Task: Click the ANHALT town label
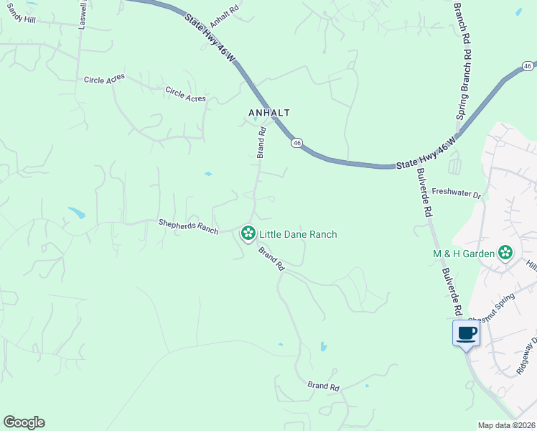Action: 268,113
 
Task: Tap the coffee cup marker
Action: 467,333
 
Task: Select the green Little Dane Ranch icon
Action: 248,233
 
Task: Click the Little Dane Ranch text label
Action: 298,234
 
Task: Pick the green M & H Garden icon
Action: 506,252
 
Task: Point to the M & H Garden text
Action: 464,253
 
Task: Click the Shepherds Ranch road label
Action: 188,226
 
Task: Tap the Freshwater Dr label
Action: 455,194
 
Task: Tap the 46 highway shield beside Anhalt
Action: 296,143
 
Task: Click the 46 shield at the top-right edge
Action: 528,66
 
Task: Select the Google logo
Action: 24,422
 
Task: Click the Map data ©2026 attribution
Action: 506,425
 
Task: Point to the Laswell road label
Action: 83,13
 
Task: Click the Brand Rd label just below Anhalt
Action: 261,142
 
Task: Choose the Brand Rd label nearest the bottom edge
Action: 323,386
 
